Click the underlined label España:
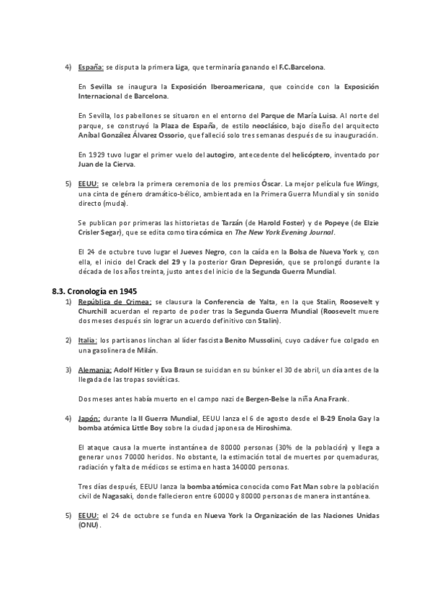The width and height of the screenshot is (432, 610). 91,68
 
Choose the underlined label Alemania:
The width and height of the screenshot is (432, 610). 94,369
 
